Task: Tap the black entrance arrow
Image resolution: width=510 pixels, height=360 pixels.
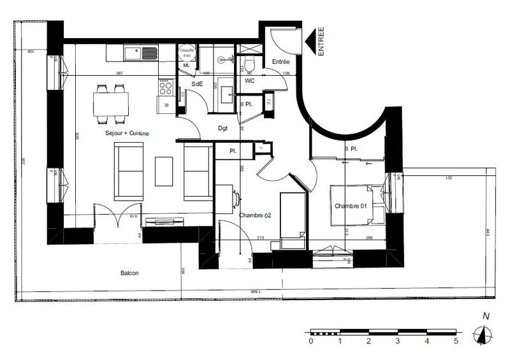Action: pyautogui.click(x=311, y=42)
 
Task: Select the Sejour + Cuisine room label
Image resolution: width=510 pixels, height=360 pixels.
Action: pyautogui.click(x=127, y=133)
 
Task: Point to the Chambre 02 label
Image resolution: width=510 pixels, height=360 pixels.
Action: pyautogui.click(x=255, y=215)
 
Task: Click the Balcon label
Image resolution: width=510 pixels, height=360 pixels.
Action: pyautogui.click(x=129, y=273)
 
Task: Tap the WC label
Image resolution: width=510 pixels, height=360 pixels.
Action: pyautogui.click(x=249, y=82)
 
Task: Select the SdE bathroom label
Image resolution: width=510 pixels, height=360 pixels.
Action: pyautogui.click(x=198, y=84)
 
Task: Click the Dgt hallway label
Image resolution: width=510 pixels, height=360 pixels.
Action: pyautogui.click(x=223, y=128)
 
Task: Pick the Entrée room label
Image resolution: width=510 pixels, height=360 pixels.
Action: pyautogui.click(x=281, y=62)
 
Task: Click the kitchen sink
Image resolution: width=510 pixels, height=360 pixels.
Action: pyautogui.click(x=142, y=53)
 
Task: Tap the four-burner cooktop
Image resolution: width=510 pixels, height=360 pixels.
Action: pyautogui.click(x=166, y=86)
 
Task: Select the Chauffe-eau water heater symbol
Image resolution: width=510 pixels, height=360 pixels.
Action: pyautogui.click(x=187, y=53)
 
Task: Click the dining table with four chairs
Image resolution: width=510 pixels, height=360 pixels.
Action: pyautogui.click(x=111, y=103)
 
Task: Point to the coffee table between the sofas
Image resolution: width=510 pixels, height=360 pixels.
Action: pyautogui.click(x=164, y=171)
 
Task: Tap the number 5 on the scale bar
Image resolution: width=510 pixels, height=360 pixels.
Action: pyautogui.click(x=456, y=342)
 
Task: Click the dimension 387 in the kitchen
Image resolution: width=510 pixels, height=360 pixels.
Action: pyautogui.click(x=119, y=73)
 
